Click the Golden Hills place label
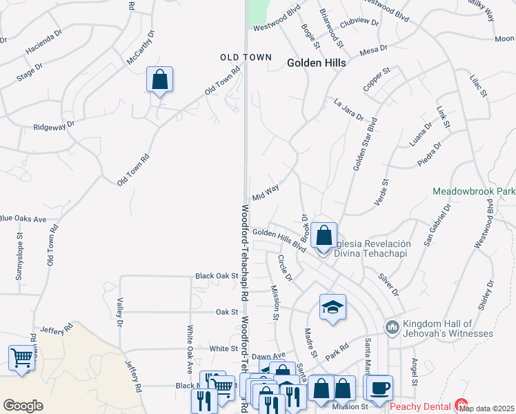316,62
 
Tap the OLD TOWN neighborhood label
246,57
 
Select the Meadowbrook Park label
474,190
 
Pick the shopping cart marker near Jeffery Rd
22,357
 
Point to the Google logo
23,406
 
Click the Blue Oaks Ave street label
22,219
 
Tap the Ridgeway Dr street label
54,128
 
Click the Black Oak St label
216,275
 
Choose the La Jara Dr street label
348,109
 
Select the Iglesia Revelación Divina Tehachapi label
373,248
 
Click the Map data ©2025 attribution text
486,408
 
